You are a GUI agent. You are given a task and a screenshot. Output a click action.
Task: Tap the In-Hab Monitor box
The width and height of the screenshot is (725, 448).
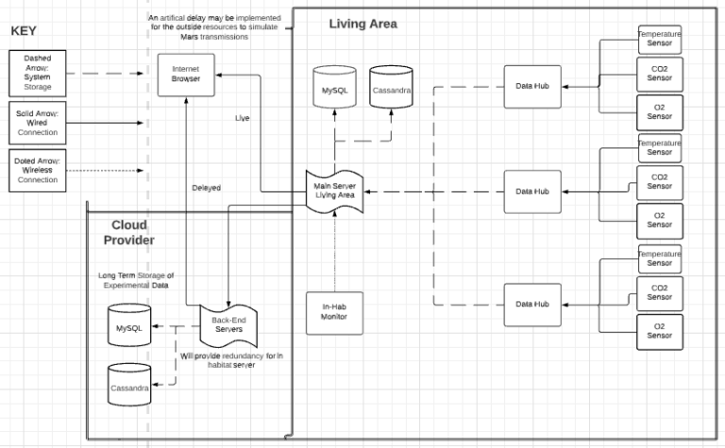point(333,311)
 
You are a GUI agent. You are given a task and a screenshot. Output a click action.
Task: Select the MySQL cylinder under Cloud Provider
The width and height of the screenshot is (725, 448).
point(129,327)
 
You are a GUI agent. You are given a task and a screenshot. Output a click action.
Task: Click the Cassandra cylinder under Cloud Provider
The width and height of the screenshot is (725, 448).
point(129,386)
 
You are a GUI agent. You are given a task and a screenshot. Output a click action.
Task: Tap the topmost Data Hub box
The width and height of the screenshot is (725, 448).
point(531,85)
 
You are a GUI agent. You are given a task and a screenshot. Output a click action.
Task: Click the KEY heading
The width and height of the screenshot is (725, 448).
point(24,31)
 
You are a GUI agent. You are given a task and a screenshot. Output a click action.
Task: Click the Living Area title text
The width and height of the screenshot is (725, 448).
point(363,24)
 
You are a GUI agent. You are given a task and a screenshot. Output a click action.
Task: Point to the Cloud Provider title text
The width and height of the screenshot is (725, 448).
point(129,232)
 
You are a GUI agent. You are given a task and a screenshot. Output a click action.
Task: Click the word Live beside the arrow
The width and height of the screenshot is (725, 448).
point(243,118)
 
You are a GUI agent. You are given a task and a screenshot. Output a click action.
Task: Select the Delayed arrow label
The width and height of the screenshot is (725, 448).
point(206,187)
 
